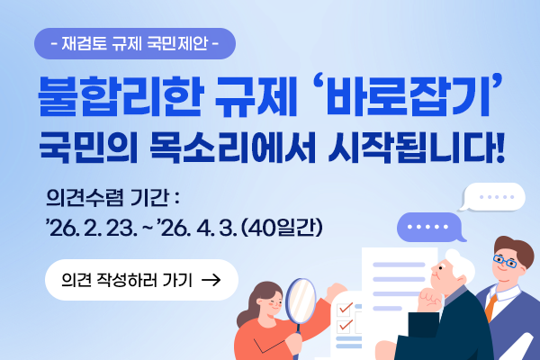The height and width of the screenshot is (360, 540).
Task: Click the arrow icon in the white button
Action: [x=212, y=280]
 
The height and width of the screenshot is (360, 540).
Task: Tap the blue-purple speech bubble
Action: [x=430, y=227]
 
